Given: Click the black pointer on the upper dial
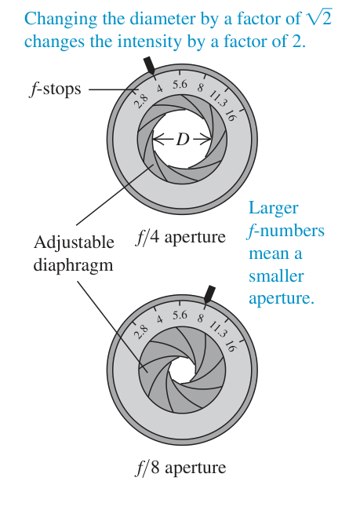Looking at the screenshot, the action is (150, 66).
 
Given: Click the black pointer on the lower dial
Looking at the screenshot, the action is (210, 293).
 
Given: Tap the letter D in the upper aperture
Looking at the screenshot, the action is (182, 140).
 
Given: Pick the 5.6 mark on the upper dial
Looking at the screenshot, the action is (180, 84).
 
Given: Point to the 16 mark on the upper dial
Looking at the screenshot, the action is (230, 115).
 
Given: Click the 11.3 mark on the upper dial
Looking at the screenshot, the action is (217, 99).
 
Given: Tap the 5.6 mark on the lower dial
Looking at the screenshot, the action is (180, 315).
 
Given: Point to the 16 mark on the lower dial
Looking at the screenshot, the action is (230, 346).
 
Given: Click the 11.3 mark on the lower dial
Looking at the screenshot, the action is (217, 330).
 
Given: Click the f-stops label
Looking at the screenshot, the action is (55, 89).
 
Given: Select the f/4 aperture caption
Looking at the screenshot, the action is (180, 237).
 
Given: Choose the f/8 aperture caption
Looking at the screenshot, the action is (180, 468).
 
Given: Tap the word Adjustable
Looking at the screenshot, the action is (74, 243).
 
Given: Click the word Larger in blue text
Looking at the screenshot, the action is (274, 208).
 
